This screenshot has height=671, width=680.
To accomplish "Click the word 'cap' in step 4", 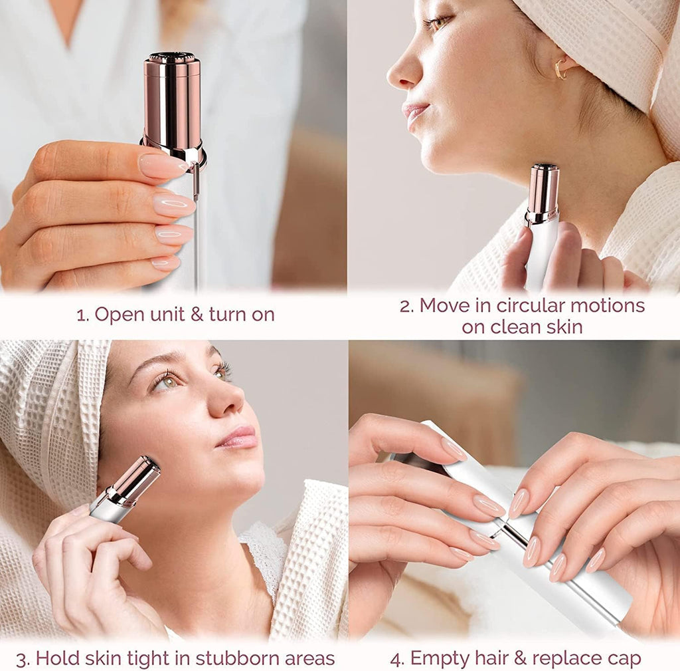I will coord(624,659).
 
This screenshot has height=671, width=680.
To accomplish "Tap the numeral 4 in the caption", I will coord(396,659).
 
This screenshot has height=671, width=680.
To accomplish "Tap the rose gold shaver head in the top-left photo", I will coord(173,100).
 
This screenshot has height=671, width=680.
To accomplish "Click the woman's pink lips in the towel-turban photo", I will coord(238,437).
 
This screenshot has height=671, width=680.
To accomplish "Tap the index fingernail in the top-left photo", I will coord(161,166).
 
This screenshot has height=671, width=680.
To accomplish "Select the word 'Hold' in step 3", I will coord(57,659).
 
